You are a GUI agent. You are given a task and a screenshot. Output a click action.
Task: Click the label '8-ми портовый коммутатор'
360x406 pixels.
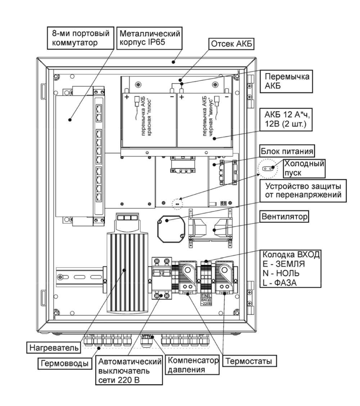point(81,38)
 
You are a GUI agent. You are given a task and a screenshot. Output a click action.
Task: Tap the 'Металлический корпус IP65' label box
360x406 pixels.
point(150,38)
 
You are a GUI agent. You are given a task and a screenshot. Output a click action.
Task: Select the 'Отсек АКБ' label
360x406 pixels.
point(231,44)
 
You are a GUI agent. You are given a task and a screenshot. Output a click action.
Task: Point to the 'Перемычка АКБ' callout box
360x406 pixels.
point(287,81)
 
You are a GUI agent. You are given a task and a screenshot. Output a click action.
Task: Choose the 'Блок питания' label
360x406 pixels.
point(287,151)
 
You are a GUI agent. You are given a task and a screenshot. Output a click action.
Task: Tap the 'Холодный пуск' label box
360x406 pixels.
point(304,168)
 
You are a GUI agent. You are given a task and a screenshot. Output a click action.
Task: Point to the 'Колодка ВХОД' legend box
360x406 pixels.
point(291,269)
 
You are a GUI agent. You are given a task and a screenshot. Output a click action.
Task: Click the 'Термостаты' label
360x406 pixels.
point(249,361)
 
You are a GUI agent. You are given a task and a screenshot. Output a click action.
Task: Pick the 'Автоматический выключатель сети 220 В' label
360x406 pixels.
point(129,371)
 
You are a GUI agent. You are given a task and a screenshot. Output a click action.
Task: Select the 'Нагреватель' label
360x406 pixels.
point(54,348)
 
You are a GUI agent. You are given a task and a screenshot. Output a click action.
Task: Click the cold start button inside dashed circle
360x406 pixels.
point(267,169)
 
